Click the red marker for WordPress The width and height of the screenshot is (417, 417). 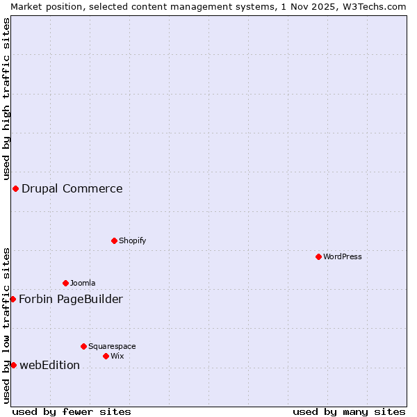coord(318,256)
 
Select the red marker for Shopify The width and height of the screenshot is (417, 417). coord(114,240)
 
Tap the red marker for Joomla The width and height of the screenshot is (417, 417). coord(65,283)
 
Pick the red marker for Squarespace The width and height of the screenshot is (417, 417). coord(83,346)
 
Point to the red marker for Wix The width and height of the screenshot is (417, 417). coord(106,356)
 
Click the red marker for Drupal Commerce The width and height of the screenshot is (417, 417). coord(15,188)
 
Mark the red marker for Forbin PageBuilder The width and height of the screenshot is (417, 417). coord(13,299)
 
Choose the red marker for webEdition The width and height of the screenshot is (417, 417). coord(13,365)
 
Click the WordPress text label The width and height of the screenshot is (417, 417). coord(343,256)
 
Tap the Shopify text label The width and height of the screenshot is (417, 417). coord(132,240)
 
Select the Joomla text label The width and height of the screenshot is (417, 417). coord(83,283)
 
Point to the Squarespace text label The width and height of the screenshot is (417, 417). coord(112,346)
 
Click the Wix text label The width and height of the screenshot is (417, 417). coord(117,356)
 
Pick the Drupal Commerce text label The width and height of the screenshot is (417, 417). coord(72,188)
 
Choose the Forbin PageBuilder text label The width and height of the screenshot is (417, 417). coord(71,299)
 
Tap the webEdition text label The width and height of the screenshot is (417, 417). coord(50,365)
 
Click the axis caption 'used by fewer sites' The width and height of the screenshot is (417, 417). coord(72,411)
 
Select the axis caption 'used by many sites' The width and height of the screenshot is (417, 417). coord(349,411)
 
